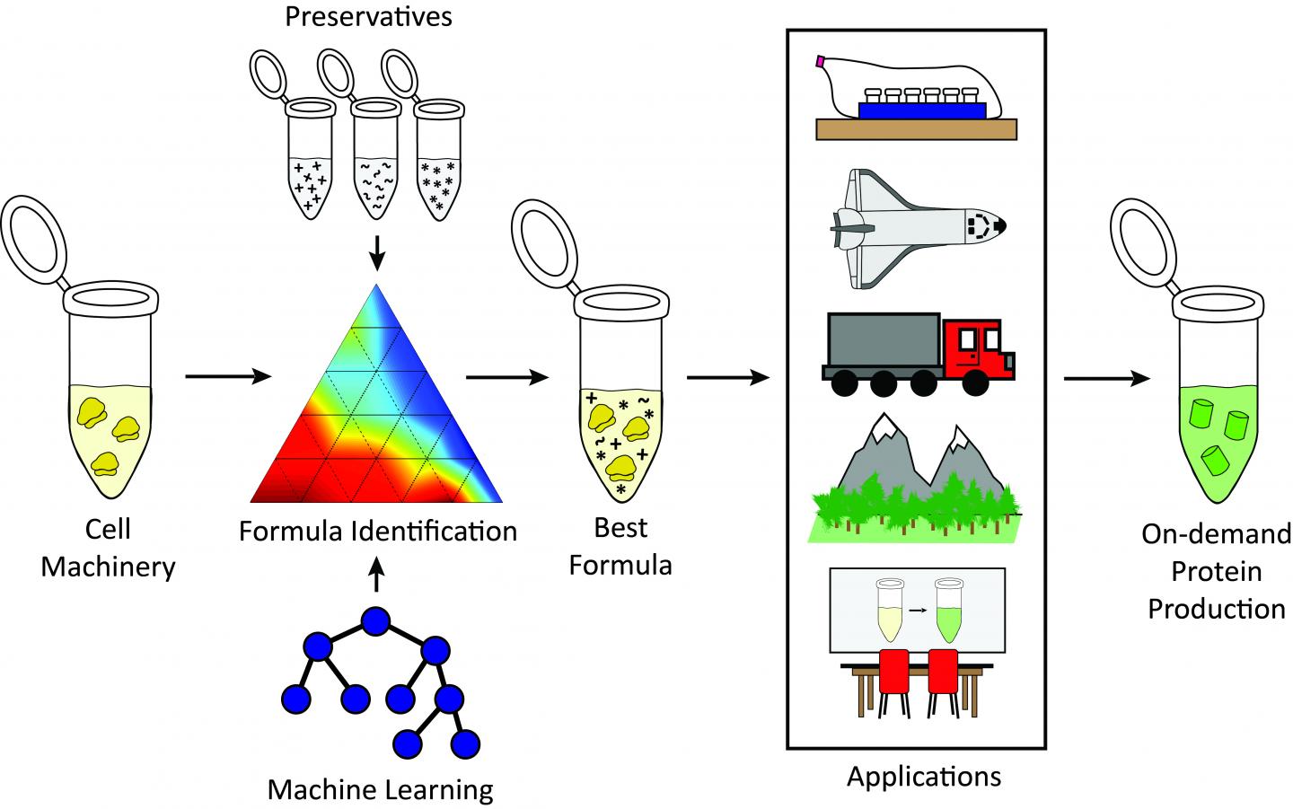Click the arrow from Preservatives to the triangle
point(377,252)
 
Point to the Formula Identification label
point(378,531)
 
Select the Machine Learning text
point(381,790)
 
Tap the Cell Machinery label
point(108,548)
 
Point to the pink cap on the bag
point(820,62)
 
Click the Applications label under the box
point(924,775)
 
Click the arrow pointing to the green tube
point(1106,378)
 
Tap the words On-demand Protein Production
point(1217,572)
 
